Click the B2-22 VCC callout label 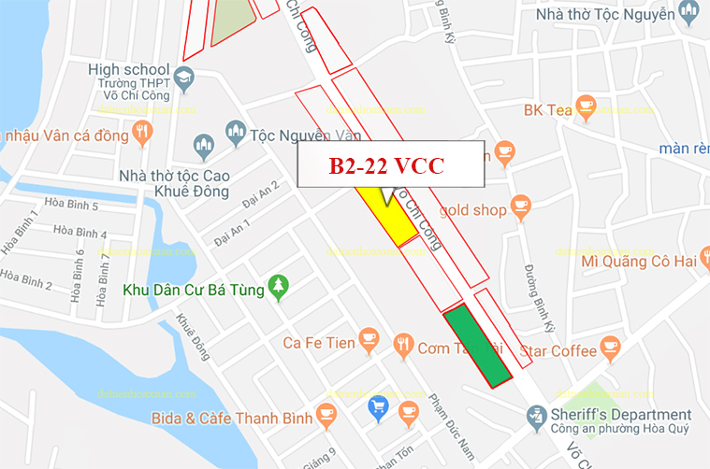point(391,166)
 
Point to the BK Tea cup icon point(586,107)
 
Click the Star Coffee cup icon point(611,350)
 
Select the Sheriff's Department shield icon point(536,415)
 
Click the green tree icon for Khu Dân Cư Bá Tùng point(277,287)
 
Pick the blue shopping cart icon point(378,406)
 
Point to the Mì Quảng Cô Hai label point(638,262)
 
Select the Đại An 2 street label point(260,194)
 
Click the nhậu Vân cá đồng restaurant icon point(143,133)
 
